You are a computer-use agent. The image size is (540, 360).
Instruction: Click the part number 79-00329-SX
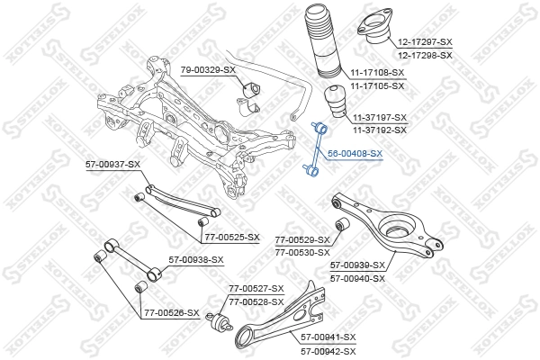point(208,69)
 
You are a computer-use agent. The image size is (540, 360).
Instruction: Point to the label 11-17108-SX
point(377,72)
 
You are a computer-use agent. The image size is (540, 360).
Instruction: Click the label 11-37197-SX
point(379,118)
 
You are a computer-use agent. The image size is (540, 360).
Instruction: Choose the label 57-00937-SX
point(112,164)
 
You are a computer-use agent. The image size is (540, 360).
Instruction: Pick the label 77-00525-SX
point(230,238)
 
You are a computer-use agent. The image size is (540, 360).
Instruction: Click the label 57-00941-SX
point(328,337)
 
